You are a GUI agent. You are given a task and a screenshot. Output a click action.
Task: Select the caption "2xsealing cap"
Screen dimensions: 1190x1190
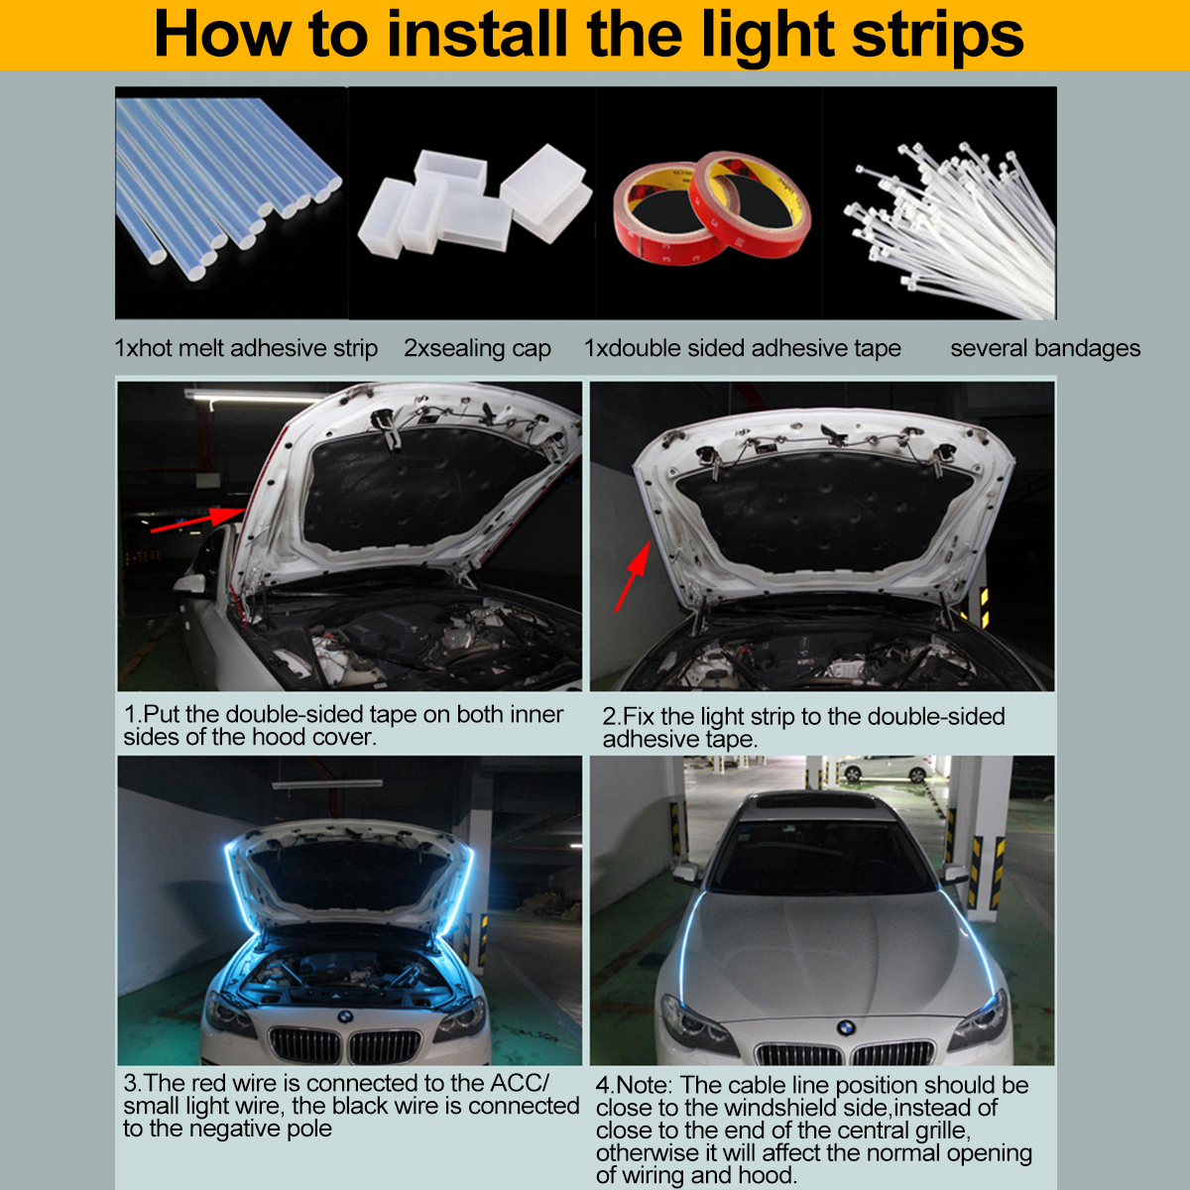[477, 349]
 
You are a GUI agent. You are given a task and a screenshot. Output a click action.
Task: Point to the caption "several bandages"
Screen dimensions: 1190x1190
[1044, 349]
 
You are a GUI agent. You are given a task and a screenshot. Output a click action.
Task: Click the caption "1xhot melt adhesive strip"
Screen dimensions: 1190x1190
[246, 349]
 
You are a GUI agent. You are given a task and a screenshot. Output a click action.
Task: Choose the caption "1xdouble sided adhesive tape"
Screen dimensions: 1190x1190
[742, 349]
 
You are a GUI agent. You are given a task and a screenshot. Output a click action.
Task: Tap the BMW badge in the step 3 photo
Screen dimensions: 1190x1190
[344, 1017]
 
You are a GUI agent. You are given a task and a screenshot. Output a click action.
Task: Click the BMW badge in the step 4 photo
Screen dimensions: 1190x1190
[845, 1029]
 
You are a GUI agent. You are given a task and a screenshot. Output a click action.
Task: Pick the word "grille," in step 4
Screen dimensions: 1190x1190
[938, 1130]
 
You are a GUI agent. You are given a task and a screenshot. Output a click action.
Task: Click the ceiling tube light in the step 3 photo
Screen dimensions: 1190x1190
[327, 783]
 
